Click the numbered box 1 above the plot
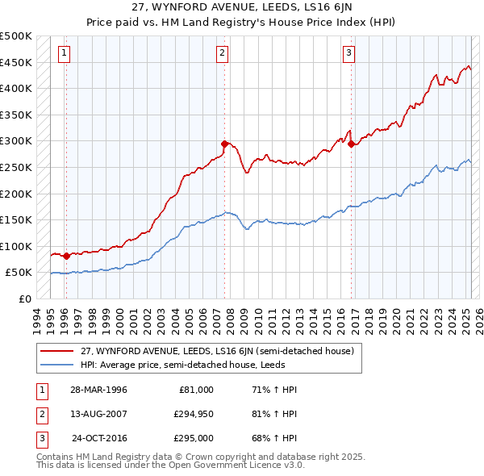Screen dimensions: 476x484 click(64, 54)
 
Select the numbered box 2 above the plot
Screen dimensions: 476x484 click(222, 54)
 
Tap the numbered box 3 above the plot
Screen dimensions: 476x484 click(348, 54)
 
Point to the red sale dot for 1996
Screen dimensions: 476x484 click(66, 256)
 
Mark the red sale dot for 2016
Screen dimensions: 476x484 click(351, 144)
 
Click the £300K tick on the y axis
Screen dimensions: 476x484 click(16, 141)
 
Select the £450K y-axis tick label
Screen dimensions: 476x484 click(16, 62)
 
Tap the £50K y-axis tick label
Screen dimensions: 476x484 click(19, 273)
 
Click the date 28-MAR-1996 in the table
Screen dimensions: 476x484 click(98, 390)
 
